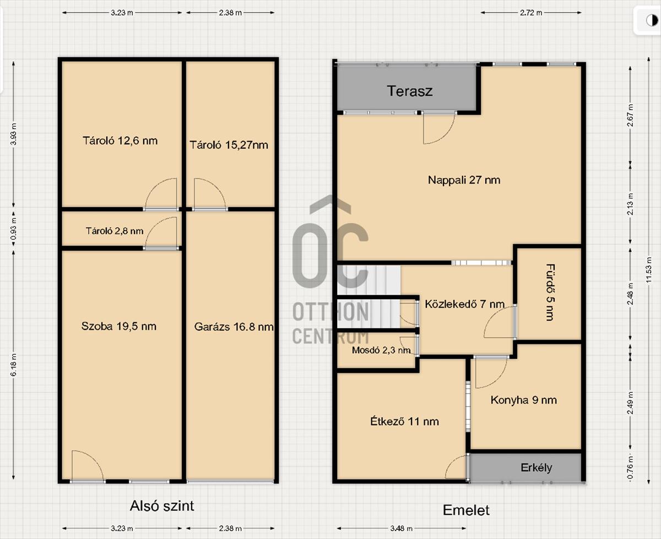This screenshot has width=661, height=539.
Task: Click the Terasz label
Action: pos(410,91)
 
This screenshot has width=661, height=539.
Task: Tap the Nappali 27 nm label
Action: pos(464,180)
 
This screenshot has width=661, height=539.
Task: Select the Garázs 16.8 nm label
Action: pos(234,327)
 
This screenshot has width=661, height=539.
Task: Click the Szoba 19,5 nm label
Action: pos(119,326)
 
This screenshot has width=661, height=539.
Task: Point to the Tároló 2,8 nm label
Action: pos(115,231)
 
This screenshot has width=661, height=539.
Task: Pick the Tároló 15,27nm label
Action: pos(229,145)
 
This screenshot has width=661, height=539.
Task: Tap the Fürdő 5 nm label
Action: pos(550,292)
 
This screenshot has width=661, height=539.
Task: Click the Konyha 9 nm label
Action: pos(523,400)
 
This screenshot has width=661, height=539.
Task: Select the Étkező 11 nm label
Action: pos(404,421)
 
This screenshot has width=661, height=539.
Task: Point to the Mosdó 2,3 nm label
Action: pos(381,350)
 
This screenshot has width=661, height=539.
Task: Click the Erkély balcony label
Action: pos(537,467)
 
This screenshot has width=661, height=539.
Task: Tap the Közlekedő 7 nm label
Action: pos(464,304)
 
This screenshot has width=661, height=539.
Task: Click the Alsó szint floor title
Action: pos(162,506)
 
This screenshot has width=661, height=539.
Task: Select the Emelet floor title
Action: pos(466,510)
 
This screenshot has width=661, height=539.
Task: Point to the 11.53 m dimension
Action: pos(648,270)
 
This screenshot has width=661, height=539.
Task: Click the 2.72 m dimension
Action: pos(531,13)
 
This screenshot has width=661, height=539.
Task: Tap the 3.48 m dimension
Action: pos(401,528)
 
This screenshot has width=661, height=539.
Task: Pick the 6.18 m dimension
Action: pos(14,365)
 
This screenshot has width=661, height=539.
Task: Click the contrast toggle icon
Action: pos(652,21)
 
